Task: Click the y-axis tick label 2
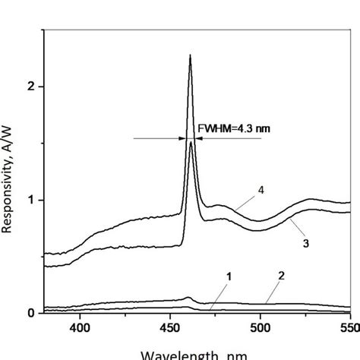31,87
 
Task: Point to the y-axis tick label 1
31,200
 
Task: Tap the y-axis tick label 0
31,312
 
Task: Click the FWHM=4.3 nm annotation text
233,128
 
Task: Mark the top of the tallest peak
190,55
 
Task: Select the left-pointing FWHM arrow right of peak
228,138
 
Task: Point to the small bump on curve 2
189,298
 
